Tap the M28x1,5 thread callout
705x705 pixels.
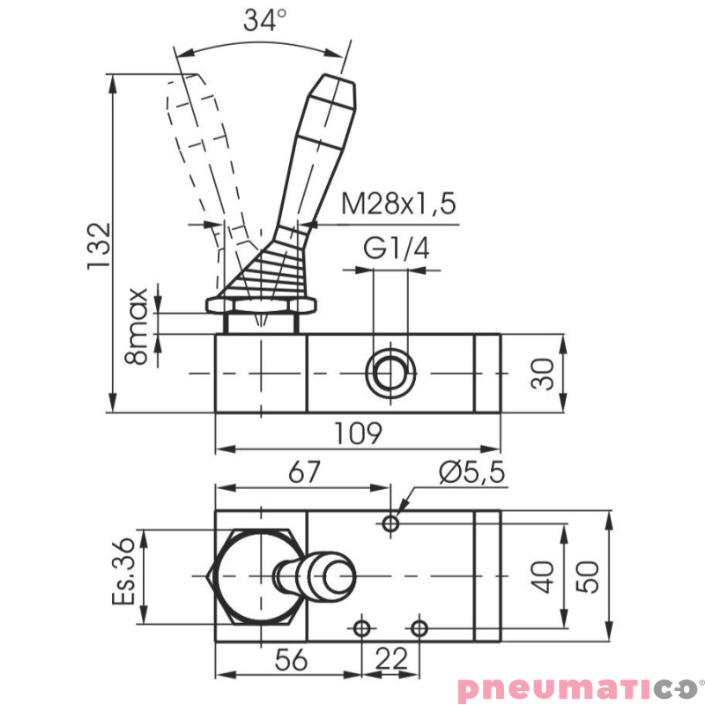pos(398,204)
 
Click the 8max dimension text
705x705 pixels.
pos(137,325)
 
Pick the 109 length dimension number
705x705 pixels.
pos(359,434)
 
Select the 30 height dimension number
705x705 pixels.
pos(545,373)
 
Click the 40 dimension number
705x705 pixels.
pos(545,577)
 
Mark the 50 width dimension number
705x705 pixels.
pos(591,577)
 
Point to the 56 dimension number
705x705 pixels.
pos(286,658)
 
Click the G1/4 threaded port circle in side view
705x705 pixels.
pos(390,374)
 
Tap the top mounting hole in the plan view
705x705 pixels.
pos(390,524)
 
